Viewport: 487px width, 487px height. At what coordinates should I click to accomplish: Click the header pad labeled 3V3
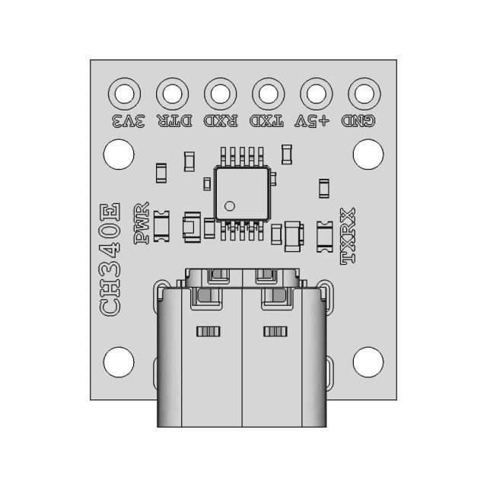pos(125,94)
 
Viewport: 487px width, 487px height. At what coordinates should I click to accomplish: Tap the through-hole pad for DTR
pos(172,94)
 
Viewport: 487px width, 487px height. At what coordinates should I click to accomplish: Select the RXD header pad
pos(220,94)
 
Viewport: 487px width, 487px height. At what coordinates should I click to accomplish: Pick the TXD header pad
pos(267,94)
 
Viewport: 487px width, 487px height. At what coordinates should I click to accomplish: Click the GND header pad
pos(363,94)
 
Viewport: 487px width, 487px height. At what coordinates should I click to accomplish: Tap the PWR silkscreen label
pos(141,224)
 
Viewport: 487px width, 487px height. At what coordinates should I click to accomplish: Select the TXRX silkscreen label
pos(349,236)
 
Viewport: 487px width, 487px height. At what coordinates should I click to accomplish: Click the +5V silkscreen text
pos(313,121)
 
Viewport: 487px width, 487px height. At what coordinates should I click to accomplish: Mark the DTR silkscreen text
pos(174,121)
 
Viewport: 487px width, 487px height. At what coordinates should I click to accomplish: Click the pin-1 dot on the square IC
pos(230,205)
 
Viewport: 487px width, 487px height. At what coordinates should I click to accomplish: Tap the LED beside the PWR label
pos(161,226)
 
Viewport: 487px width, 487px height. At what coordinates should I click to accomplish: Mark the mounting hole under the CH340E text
pos(117,361)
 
